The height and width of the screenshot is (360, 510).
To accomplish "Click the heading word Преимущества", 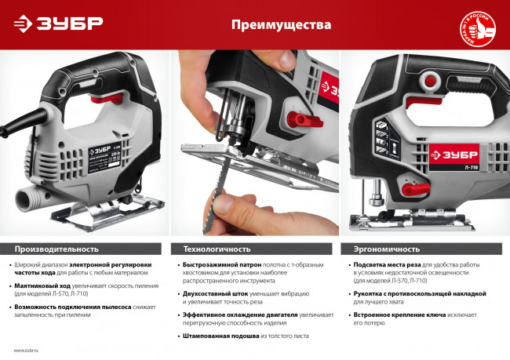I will (x=280, y=25).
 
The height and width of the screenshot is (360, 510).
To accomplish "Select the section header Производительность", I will (x=56, y=249).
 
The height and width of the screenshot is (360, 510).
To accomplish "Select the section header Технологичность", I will (x=217, y=249).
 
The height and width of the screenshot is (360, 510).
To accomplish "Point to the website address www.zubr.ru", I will (x=28, y=350).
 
